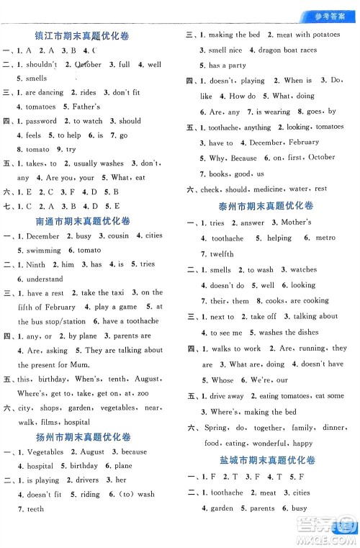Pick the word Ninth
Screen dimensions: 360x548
click(x=35, y=264)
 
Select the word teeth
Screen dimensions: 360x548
click(x=35, y=508)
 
